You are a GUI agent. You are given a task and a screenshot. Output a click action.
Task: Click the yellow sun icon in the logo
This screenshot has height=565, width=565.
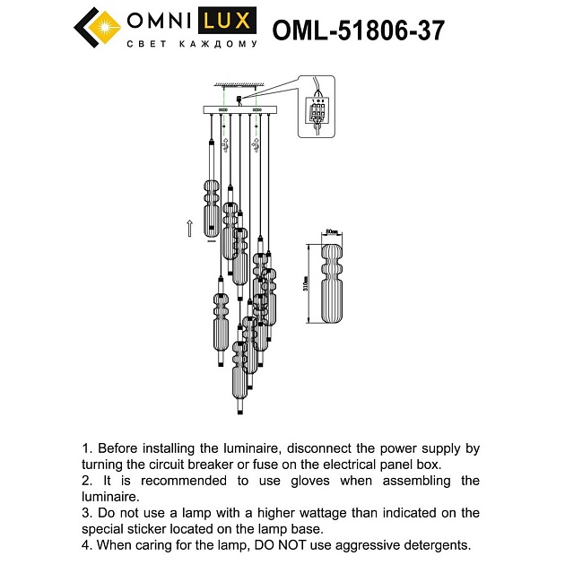tap(108, 22)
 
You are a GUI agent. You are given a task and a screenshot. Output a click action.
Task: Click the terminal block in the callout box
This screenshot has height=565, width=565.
tap(317, 113)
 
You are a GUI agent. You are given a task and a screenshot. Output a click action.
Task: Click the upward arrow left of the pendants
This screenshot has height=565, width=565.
tap(189, 228)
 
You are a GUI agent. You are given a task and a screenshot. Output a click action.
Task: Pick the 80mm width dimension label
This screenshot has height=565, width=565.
tap(331, 232)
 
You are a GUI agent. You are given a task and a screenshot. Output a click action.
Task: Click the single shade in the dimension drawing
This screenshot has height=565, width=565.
tap(331, 285)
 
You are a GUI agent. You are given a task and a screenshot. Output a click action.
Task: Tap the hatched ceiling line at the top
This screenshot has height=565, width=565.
tap(238, 86)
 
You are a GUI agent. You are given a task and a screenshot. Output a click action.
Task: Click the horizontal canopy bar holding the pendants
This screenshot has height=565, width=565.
tap(238, 111)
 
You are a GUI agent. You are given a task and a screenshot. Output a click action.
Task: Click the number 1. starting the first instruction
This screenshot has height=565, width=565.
tap(87, 448)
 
